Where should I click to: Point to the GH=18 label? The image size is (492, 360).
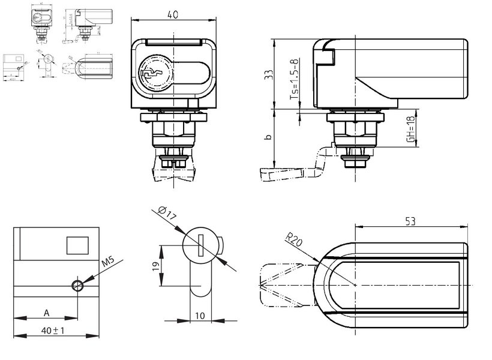[x=410, y=129]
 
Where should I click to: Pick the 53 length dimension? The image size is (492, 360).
[x=410, y=221]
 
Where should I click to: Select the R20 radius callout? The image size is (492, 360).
[x=293, y=241]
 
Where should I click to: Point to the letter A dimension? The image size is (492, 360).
[x=46, y=313]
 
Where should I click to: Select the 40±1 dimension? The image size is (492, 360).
[x=53, y=329]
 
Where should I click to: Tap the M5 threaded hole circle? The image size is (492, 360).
[x=77, y=285]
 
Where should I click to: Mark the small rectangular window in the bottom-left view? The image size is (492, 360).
[x=77, y=244]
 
